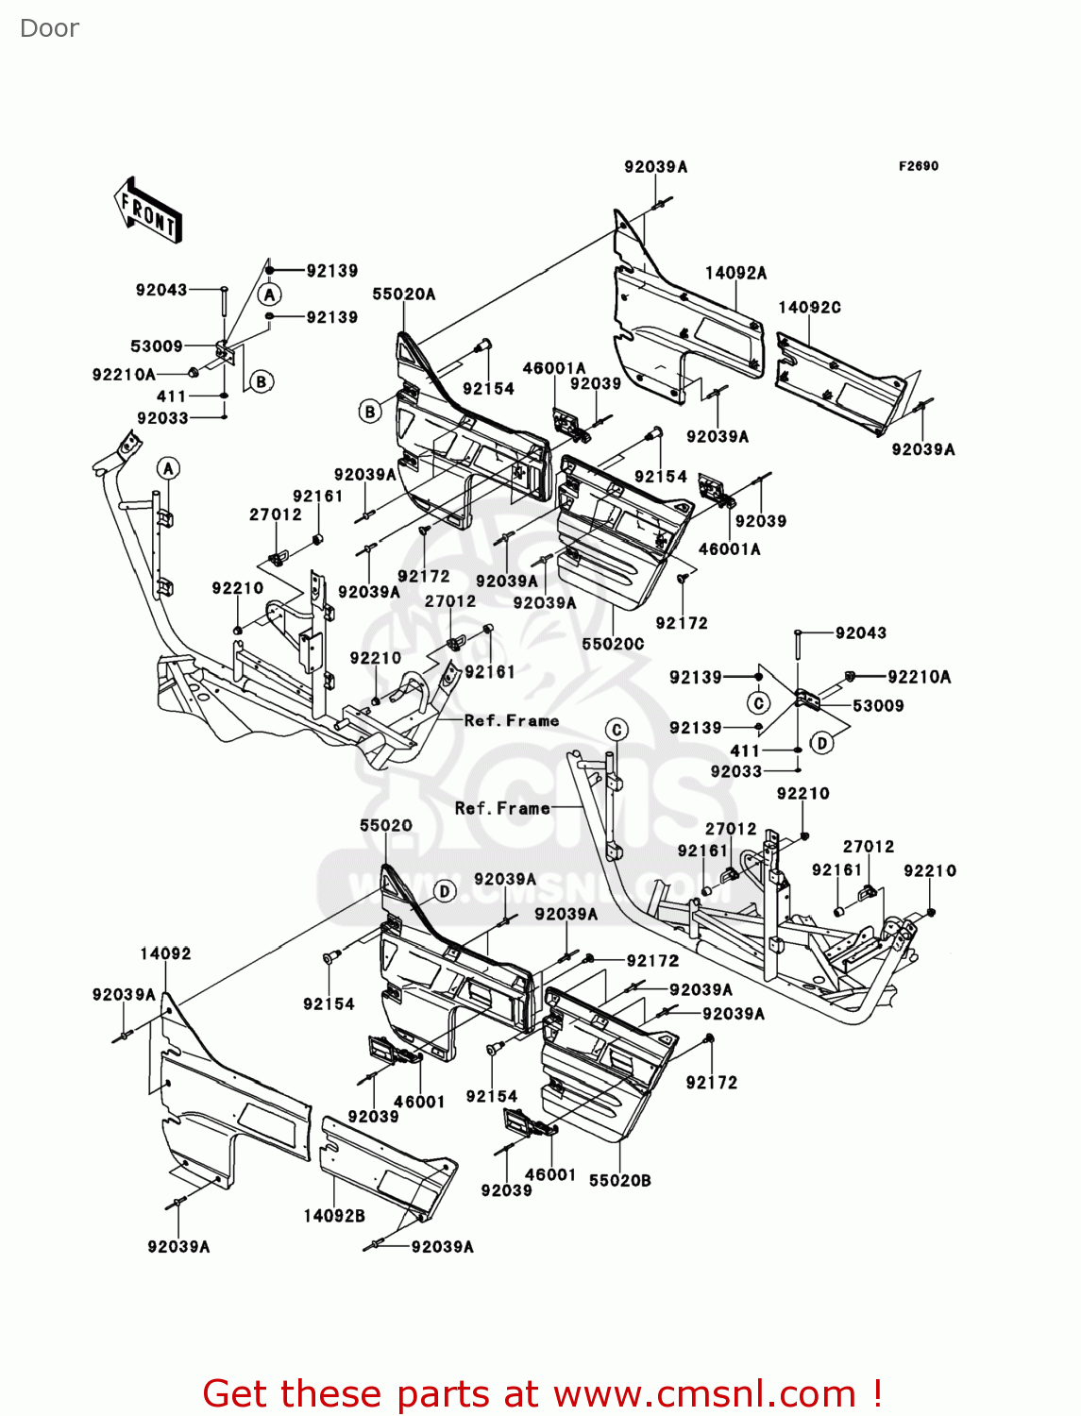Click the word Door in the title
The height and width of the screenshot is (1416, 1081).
click(50, 28)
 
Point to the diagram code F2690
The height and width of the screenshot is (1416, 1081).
click(919, 166)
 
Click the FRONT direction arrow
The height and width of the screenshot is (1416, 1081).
click(148, 211)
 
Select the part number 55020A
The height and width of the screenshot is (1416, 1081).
click(404, 295)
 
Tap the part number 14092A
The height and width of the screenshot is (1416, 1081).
click(736, 273)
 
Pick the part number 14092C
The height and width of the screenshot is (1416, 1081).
click(809, 307)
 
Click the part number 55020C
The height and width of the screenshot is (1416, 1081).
click(613, 644)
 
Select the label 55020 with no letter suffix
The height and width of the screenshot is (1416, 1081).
click(386, 825)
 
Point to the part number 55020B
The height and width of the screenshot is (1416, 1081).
click(620, 1181)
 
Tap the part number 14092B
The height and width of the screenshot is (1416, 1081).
click(334, 1216)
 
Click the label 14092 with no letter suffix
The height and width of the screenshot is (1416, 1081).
click(166, 953)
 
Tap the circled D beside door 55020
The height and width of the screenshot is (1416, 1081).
click(445, 891)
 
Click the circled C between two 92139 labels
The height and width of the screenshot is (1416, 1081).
click(758, 702)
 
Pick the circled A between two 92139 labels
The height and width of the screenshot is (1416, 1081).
click(270, 295)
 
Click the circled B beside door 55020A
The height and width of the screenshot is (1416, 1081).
click(369, 412)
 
